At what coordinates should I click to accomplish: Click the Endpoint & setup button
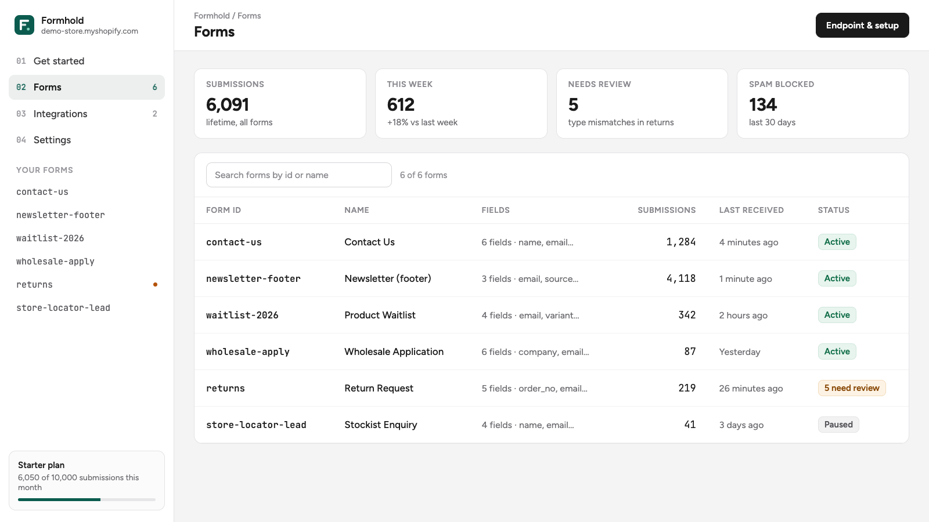862,26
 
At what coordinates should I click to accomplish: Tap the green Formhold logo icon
24,25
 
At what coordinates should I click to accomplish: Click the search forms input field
298,175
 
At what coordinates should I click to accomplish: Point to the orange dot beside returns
155,284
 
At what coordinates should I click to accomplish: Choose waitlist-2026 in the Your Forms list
50,238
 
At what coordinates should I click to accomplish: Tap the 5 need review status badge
852,388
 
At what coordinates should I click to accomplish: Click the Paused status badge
838,424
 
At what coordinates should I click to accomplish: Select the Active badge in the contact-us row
837,241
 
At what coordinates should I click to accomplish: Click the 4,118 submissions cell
681,278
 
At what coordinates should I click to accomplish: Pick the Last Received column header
751,210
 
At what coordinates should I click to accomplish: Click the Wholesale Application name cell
394,351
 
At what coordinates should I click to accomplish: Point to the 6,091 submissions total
227,104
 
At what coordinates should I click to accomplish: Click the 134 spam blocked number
763,104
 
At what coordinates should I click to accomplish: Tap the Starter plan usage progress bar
87,499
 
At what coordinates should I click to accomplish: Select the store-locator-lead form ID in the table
256,425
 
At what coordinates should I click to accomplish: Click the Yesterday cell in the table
740,351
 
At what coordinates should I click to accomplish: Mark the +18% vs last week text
422,122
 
